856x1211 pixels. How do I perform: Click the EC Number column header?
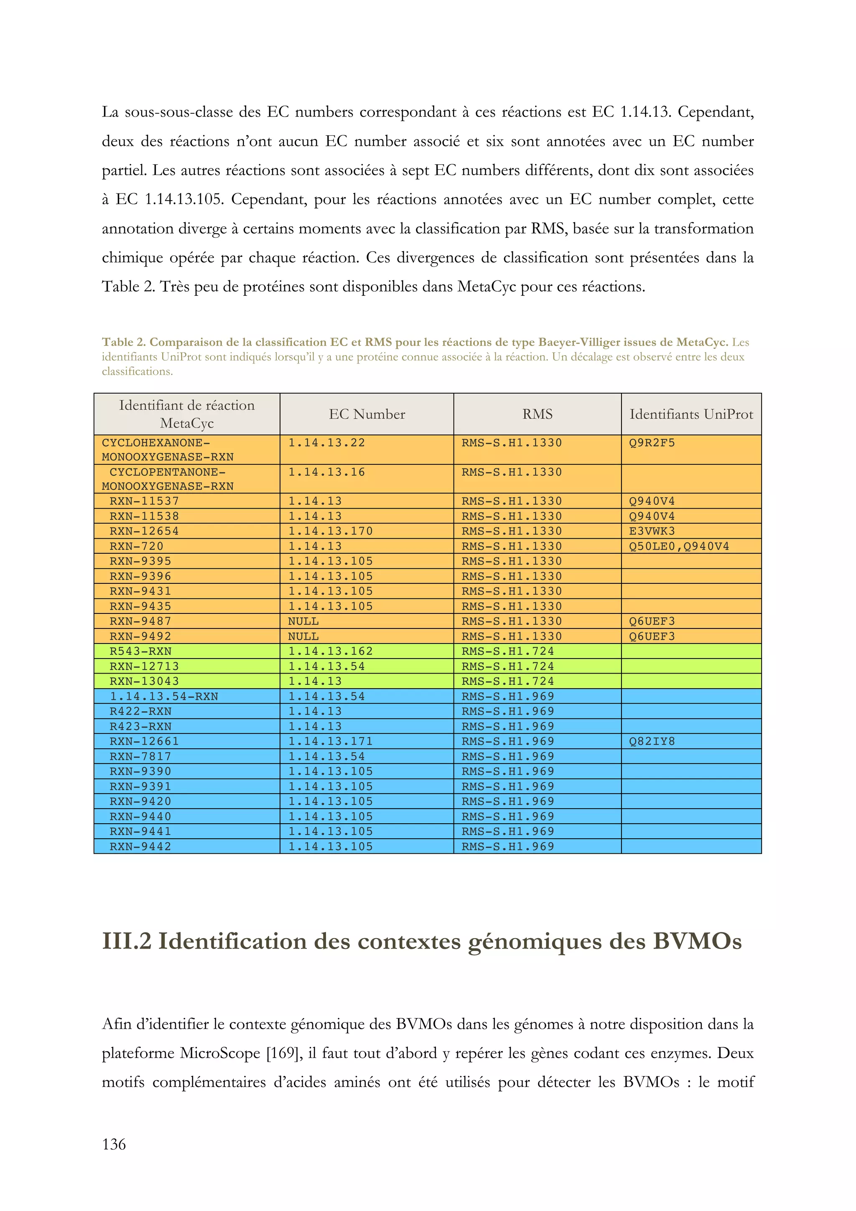tap(367, 414)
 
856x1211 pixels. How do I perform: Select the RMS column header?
tap(537, 414)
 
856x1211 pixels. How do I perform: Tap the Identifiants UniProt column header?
tap(691, 414)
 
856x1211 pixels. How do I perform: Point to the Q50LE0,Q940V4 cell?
tap(679, 547)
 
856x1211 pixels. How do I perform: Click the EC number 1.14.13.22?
tap(326, 443)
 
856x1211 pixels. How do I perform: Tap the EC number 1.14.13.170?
tap(330, 531)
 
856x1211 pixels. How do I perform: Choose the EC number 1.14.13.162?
tap(330, 651)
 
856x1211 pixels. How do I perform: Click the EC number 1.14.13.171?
tap(330, 742)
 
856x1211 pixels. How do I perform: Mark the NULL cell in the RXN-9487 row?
tap(303, 621)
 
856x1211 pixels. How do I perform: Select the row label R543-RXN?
tap(140, 651)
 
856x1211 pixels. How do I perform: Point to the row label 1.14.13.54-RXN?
tap(163, 697)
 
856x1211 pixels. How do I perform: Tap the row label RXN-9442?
tap(140, 847)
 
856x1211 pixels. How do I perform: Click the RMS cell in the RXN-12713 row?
tap(507, 667)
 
